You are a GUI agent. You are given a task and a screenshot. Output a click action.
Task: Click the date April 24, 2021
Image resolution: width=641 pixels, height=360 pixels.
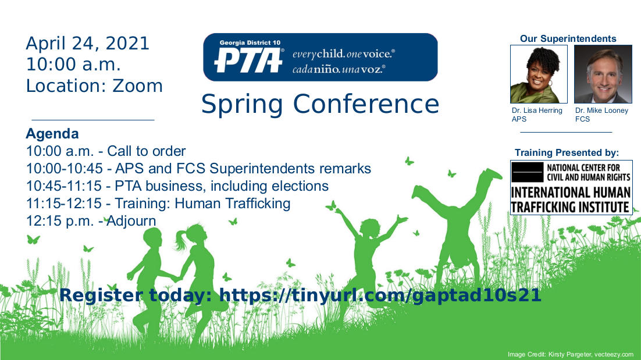(87, 44)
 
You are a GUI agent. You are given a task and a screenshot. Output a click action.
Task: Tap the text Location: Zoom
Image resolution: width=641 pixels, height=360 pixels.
(94, 86)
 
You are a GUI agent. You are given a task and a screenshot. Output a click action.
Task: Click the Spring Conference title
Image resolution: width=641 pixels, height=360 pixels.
(320, 104)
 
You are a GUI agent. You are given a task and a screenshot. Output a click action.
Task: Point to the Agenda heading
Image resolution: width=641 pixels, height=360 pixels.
(52, 134)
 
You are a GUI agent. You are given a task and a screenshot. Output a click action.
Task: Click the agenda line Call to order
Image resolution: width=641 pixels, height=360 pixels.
(106, 151)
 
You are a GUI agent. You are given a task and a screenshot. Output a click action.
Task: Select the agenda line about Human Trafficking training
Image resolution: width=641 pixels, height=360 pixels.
(158, 204)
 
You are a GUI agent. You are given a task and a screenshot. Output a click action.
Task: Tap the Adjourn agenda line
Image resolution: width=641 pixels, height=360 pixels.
(91, 221)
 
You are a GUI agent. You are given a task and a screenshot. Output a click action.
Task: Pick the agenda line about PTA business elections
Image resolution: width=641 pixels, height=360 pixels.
(177, 186)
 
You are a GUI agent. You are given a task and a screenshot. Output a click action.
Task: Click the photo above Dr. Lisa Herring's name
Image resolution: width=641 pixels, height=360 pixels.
(539, 74)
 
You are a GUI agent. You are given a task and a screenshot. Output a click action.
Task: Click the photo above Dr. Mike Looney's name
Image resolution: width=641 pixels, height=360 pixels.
(603, 74)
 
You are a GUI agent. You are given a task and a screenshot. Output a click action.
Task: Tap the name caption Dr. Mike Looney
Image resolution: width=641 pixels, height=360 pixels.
(602, 111)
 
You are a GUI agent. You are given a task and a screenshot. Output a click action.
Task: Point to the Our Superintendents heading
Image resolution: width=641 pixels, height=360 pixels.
(568, 39)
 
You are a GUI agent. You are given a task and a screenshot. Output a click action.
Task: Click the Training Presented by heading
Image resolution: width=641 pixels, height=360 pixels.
(567, 153)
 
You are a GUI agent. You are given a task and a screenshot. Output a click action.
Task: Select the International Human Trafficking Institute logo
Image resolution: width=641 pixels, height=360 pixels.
(571, 187)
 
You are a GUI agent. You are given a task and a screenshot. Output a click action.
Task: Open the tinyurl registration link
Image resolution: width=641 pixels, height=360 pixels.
(380, 295)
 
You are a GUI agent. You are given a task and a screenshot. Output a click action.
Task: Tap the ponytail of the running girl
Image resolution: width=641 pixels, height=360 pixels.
(180, 241)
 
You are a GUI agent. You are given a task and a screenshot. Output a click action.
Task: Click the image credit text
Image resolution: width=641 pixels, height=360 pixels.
(570, 354)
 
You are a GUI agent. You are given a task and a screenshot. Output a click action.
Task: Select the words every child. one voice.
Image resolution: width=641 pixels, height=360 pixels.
(343, 54)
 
